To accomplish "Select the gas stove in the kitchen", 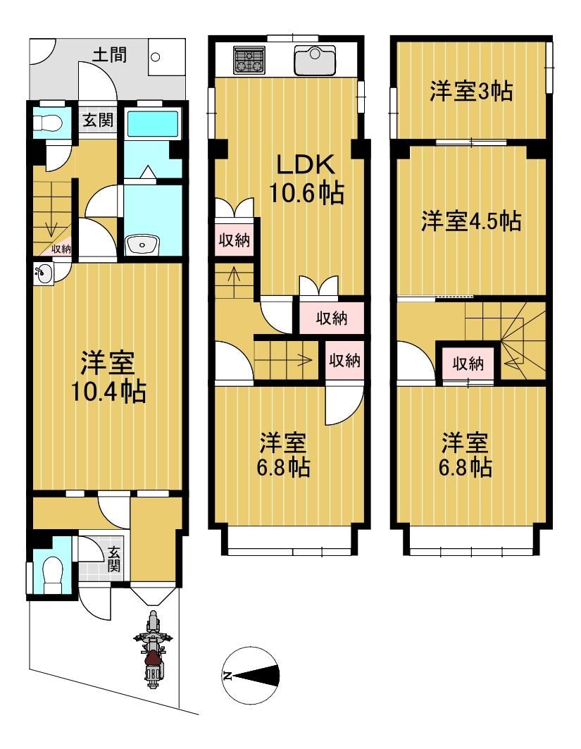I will [248, 60].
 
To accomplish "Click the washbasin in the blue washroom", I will [143, 246].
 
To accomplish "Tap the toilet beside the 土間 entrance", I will [48, 123].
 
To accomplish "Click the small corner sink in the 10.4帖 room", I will [43, 273].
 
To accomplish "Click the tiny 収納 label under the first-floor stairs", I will [61, 248].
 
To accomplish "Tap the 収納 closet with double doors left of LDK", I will [233, 240].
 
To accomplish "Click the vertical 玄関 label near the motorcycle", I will [113, 562].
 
